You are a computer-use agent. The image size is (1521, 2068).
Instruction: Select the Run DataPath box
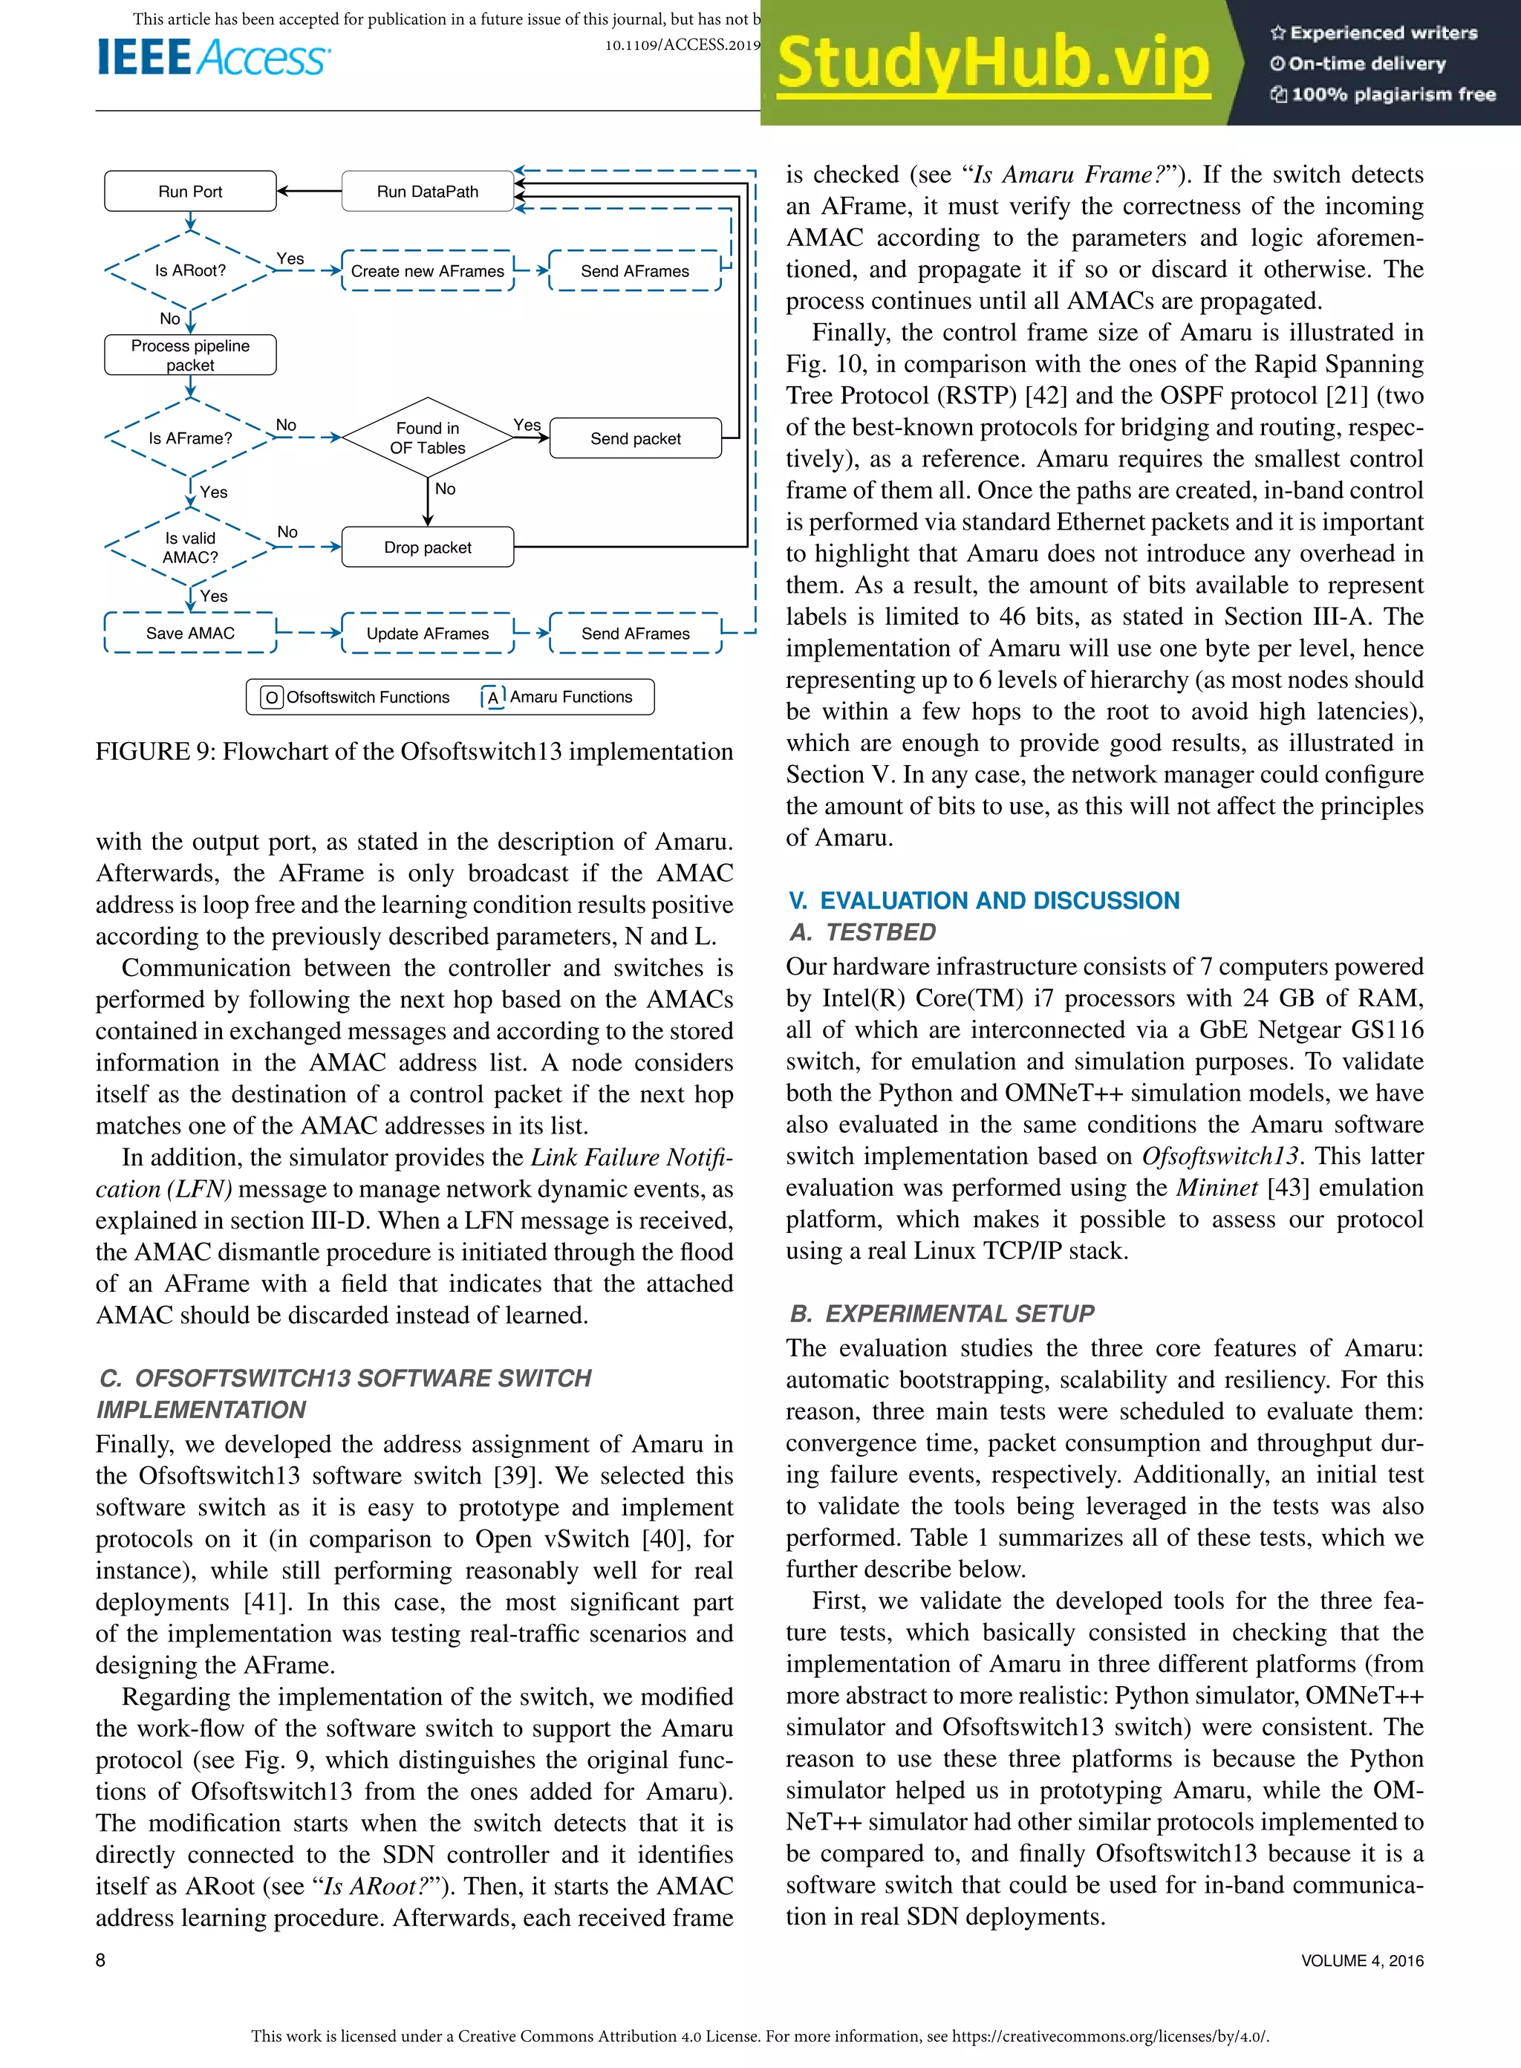click(x=427, y=192)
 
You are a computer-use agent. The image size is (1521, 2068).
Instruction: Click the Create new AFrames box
click(x=427, y=270)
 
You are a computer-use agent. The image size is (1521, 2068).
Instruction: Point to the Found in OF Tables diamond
click(x=427, y=438)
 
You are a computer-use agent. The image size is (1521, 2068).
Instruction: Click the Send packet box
click(x=635, y=438)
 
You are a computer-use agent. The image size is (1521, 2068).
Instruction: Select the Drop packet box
click(x=427, y=547)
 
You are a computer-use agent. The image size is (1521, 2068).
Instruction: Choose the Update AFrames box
click(x=427, y=634)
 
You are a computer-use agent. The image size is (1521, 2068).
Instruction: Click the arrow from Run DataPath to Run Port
click(x=310, y=192)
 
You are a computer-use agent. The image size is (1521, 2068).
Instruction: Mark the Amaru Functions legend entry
click(x=558, y=697)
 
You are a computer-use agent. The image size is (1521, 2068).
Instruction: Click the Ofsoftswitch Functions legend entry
click(x=356, y=697)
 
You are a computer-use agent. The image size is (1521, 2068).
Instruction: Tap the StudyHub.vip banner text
click(x=992, y=62)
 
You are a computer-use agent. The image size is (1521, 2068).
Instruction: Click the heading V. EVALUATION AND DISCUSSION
click(x=983, y=900)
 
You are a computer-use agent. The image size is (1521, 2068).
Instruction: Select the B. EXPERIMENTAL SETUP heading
click(x=942, y=1313)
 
